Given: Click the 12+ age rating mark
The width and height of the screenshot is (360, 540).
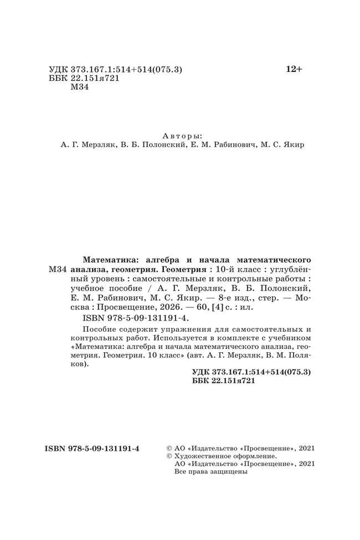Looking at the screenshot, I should pyautogui.click(x=294, y=69).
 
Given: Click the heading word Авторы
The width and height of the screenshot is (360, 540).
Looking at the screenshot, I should pyautogui.click(x=183, y=136).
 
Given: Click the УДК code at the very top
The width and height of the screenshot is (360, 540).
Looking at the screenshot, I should pyautogui.click(x=116, y=70).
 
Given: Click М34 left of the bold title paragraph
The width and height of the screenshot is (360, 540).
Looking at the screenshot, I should pyautogui.click(x=58, y=269).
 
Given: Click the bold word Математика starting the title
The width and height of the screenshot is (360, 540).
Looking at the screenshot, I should pyautogui.click(x=109, y=259).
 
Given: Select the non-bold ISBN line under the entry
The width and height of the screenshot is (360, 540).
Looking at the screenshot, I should pyautogui.click(x=136, y=318).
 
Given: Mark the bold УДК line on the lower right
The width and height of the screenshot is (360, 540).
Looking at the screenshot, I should pyautogui.click(x=251, y=373).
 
